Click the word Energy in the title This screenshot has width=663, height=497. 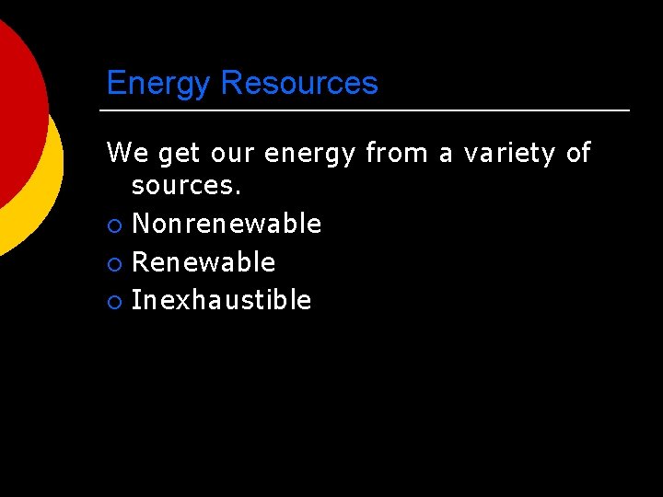tap(159, 85)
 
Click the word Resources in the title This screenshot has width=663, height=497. tap(299, 83)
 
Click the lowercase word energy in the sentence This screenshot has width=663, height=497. tap(309, 154)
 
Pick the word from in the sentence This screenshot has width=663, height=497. tap(396, 152)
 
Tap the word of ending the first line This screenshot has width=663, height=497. tap(578, 152)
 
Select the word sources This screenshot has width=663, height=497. tap(186, 185)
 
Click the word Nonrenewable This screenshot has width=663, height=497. tap(227, 224)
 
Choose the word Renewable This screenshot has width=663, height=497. tap(204, 262)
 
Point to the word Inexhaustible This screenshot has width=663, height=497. tap(221, 300)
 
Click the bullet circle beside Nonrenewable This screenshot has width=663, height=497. tap(113, 225)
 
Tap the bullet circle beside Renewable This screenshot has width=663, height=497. tap(113, 263)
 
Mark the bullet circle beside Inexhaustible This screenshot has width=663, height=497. tap(113, 301)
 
